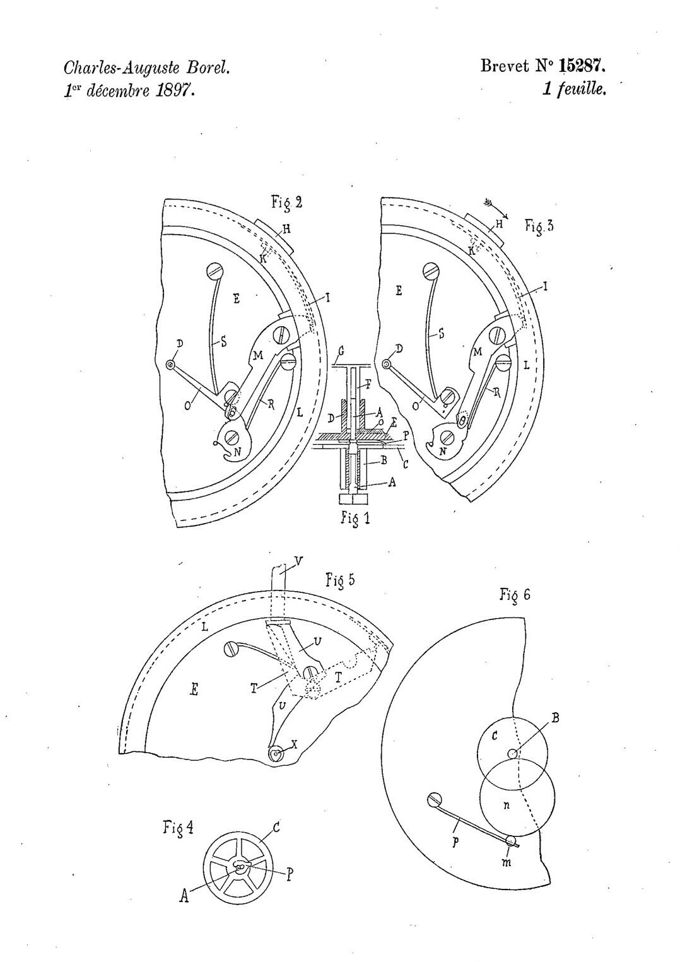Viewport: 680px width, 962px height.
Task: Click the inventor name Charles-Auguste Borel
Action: click(146, 68)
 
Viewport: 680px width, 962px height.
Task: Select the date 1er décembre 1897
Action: click(129, 91)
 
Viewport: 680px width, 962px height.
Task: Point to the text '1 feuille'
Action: click(574, 89)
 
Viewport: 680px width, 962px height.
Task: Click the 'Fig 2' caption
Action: click(287, 202)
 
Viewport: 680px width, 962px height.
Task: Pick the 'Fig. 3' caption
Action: click(539, 226)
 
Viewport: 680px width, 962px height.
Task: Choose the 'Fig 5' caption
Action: click(340, 581)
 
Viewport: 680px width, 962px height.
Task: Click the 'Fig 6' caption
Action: click(515, 595)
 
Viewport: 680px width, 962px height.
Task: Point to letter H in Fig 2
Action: click(286, 230)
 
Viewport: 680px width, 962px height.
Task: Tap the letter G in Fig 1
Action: click(341, 351)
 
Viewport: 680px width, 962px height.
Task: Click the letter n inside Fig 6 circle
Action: click(507, 806)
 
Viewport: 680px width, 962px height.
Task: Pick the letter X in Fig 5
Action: click(294, 746)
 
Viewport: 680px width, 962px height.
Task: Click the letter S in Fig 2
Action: click(224, 342)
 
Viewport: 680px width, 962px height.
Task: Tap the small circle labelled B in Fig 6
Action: click(512, 753)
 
